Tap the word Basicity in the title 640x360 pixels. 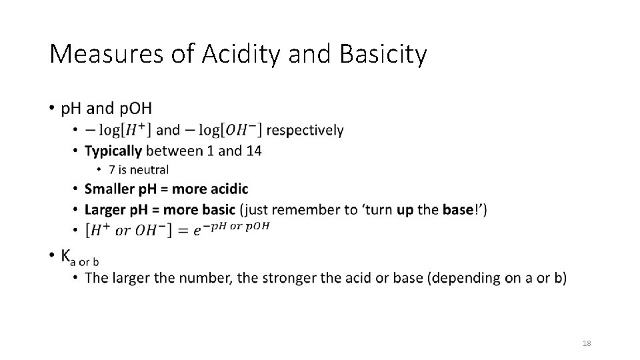[x=383, y=55]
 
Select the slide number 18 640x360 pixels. [x=587, y=343]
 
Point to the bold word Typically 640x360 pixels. [x=113, y=151]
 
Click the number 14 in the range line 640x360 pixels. [x=253, y=151]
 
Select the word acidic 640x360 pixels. [x=224, y=189]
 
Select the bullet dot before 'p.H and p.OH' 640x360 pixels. [x=53, y=108]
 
